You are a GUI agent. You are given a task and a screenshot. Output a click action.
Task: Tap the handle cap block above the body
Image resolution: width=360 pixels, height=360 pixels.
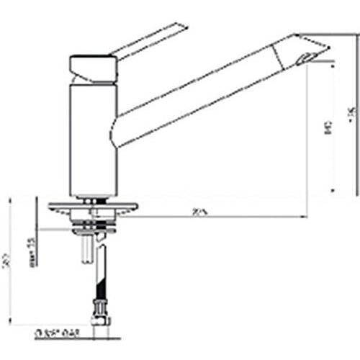(x=93, y=67)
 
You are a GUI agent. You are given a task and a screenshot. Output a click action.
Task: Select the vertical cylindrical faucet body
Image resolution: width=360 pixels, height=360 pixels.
(x=92, y=137)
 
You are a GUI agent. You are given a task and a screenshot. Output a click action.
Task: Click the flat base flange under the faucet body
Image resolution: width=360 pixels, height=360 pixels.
(x=93, y=207)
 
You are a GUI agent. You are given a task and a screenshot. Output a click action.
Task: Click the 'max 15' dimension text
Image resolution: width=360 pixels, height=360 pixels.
(x=32, y=253)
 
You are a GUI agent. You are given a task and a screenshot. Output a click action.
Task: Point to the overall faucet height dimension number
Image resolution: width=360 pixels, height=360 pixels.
(x=351, y=112)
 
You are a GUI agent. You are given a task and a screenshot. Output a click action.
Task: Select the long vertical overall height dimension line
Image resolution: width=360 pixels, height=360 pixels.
(x=356, y=115)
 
